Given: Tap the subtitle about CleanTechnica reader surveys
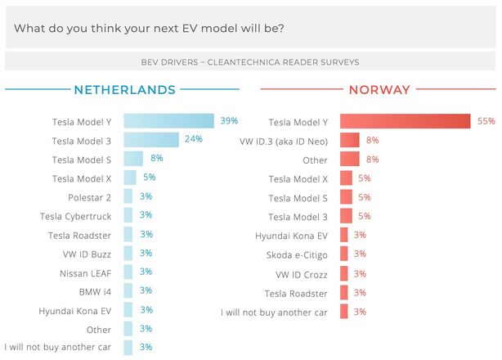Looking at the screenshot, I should coord(250,61).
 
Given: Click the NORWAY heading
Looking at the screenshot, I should coord(379,90).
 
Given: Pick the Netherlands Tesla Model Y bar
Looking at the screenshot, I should coord(168,121).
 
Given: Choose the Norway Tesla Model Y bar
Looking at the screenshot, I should coord(405,121).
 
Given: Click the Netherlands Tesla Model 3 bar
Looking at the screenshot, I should coord(151,140).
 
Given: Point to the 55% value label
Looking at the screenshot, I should coord(486,121).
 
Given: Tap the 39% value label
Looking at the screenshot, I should coord(228,121).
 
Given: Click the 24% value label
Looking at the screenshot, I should coord(193,140).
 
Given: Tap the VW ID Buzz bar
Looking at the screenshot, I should coord(128,254).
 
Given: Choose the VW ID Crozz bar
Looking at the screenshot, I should coord(344,273).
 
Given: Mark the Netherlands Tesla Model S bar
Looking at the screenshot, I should coord(133,159).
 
